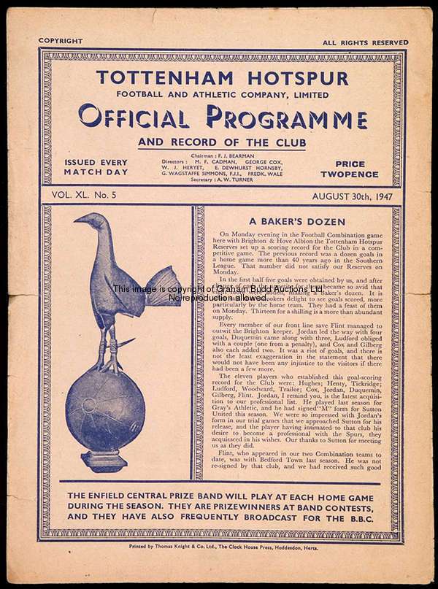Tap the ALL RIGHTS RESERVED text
point(365,43)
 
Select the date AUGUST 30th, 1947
point(352,196)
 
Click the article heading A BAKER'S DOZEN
point(296,222)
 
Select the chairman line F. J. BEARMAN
point(221,158)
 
